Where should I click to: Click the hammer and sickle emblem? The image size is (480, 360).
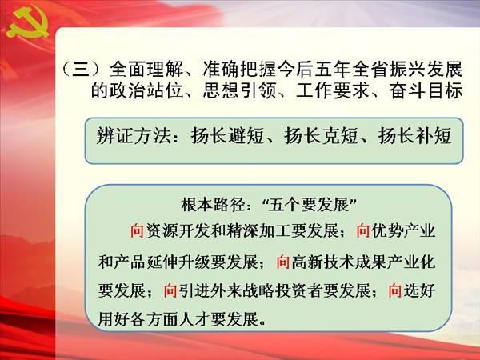27,22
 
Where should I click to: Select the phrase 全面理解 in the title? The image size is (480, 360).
146,69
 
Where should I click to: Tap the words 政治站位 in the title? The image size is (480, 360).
146,90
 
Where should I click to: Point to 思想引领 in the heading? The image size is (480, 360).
239,90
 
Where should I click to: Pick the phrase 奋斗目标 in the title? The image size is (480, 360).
426,90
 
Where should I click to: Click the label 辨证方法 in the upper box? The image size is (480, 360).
133,135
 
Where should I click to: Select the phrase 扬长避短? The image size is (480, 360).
227,135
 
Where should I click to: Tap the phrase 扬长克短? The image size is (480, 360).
321,135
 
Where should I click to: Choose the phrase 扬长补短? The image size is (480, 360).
414,135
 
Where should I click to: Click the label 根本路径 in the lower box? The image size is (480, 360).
213,205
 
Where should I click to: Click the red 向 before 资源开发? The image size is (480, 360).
137,231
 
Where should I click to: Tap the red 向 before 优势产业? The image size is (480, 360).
363,231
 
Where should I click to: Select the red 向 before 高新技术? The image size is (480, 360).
283,262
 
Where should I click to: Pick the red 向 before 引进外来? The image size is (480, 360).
170,290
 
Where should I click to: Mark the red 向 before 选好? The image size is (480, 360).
395,290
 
